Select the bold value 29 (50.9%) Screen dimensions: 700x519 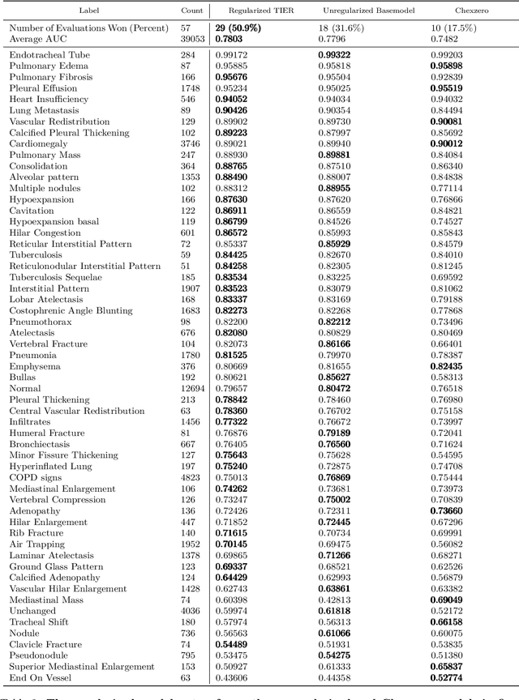pos(244,28)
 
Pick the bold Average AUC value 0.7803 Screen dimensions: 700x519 pos(230,38)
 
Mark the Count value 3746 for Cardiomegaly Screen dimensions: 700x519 pos(191,144)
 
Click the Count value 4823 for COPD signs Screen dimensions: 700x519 pos(191,477)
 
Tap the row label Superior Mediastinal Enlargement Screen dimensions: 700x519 pos(81,666)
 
